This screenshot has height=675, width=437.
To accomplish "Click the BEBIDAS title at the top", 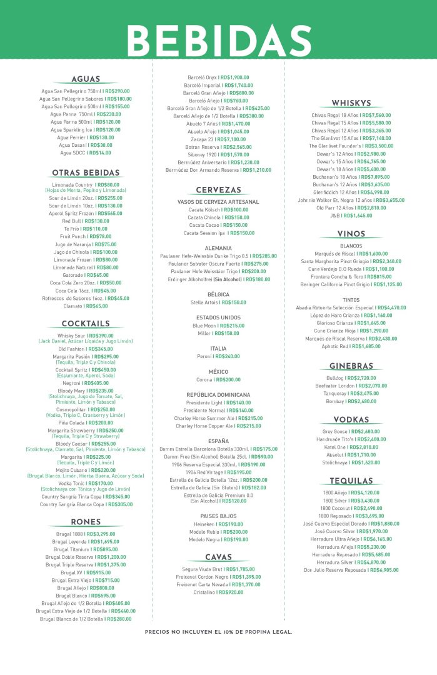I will (219, 39).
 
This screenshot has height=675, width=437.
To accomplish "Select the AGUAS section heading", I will (86, 79).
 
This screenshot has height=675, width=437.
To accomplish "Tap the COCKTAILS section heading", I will (86, 324).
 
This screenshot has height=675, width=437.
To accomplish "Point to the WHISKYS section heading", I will (352, 103).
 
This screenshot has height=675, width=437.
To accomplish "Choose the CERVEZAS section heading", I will (218, 190).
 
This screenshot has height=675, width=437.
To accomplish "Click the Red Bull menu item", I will (86, 221).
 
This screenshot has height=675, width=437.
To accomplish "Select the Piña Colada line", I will (86, 422).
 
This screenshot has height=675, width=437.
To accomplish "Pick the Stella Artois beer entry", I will (218, 302).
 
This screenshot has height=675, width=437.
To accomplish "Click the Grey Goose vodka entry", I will (351, 431).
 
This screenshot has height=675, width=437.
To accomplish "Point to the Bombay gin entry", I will (351, 401).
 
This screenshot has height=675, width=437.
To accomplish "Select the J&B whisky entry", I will (351, 215).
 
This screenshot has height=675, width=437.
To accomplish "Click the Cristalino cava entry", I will (218, 592).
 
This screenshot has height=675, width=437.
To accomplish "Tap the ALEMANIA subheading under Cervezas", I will (218, 248).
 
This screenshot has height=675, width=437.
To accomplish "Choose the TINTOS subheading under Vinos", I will (351, 299).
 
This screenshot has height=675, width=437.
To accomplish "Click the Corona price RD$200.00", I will (228, 379).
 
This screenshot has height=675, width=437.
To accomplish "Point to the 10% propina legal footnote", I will (218, 632).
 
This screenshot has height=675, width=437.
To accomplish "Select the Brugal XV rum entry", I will (86, 572).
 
